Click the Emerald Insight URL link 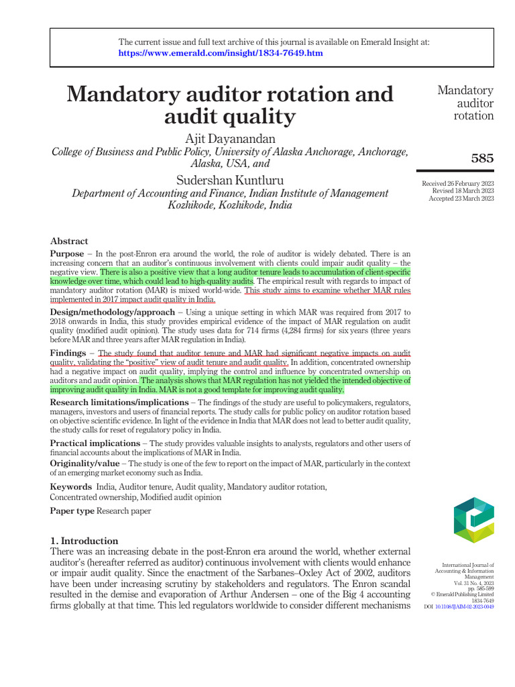(x=221, y=53)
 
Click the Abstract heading (x=69, y=241)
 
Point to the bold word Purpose (x=67, y=254)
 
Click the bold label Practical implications (x=95, y=443)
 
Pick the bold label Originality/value (x=84, y=464)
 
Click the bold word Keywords (x=70, y=486)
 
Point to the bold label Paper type (x=72, y=511)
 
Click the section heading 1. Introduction (x=84, y=541)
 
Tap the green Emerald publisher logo (x=473, y=521)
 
